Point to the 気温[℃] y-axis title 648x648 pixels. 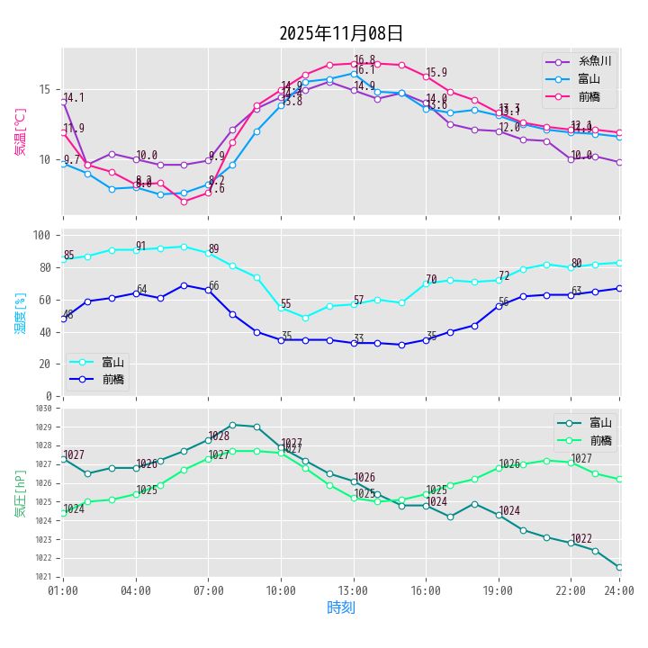point(21,132)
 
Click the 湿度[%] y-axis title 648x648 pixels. point(21,312)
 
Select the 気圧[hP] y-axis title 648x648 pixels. point(21,492)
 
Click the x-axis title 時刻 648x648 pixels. point(341,607)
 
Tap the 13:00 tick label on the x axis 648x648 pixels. point(354,589)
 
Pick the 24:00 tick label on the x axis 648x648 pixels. point(619,589)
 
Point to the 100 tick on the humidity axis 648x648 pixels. point(41,235)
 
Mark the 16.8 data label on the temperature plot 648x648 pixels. point(364,59)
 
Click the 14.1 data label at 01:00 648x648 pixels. point(74,98)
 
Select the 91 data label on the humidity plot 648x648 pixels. point(140,246)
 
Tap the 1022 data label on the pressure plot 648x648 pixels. point(581,538)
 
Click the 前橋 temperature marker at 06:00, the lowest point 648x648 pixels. point(184,202)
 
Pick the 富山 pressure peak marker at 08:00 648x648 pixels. point(232,425)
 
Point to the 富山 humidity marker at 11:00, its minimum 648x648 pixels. point(305,318)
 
